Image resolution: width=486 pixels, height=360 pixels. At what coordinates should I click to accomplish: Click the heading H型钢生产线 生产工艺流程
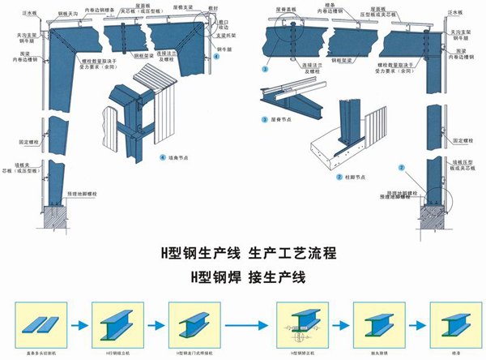click(x=244, y=252)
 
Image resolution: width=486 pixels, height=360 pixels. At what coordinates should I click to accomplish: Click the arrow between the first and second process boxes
click(x=78, y=324)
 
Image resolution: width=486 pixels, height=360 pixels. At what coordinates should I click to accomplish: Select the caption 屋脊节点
click(x=280, y=120)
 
